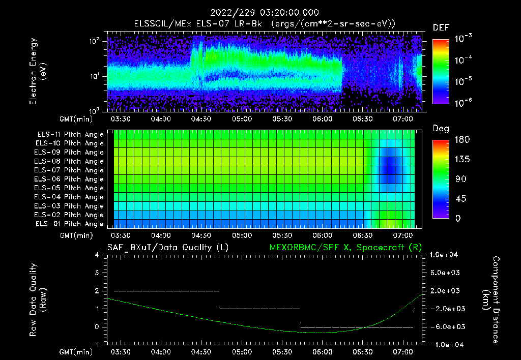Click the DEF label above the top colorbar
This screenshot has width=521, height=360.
441,27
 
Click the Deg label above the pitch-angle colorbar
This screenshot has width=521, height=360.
441,129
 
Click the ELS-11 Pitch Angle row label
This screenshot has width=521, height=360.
70,134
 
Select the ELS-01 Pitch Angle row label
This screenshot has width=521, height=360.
70,224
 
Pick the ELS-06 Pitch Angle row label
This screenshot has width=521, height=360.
70,179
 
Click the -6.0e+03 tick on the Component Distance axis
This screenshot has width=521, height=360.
446,326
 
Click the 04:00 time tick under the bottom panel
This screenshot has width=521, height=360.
161,351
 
